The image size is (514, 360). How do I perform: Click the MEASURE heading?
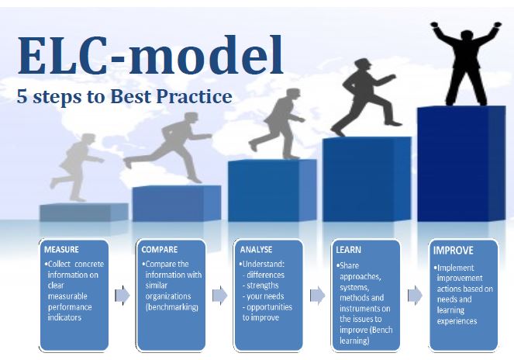[x=61, y=249]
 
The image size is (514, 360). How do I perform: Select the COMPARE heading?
[x=159, y=249]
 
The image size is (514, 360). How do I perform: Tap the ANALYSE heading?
[x=256, y=249]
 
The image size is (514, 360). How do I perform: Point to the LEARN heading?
[x=348, y=250]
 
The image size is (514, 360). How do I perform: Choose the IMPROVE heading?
[x=453, y=251]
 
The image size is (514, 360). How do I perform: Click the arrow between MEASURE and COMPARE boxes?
[x=122, y=296]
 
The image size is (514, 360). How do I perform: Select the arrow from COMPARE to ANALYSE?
[x=219, y=296]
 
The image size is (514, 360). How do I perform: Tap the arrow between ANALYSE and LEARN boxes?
[x=317, y=296]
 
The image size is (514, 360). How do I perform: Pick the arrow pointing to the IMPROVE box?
[x=415, y=296]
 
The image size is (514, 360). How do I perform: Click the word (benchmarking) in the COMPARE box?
[x=172, y=307]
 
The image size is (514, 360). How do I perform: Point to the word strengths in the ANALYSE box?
[x=263, y=286]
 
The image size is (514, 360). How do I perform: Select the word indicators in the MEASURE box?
[x=64, y=317]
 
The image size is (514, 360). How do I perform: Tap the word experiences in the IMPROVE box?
[x=457, y=321]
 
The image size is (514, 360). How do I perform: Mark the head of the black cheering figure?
[x=466, y=36]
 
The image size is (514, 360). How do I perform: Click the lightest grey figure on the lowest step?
[x=77, y=168]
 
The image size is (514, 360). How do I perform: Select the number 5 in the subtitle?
[x=22, y=96]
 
